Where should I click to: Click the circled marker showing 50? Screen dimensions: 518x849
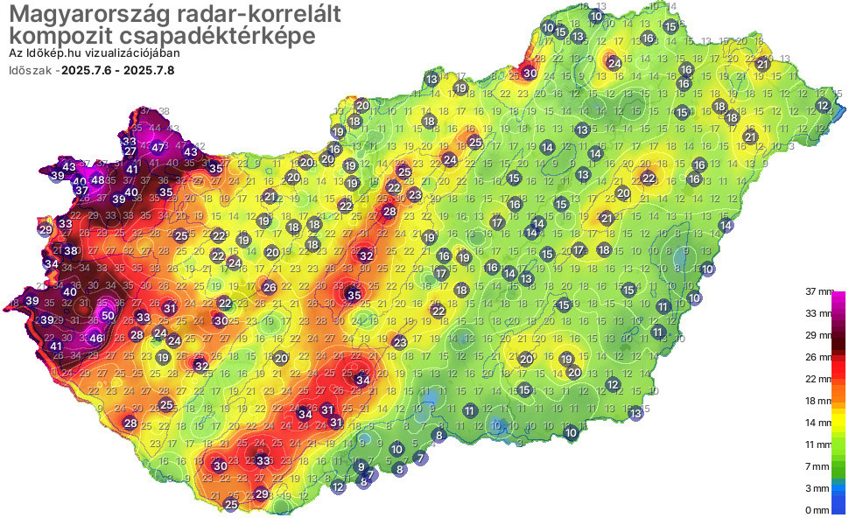point(108,315)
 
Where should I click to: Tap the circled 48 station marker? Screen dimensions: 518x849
point(98,180)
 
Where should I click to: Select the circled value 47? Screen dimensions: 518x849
point(158,148)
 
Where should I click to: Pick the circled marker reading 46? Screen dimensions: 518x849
point(96,338)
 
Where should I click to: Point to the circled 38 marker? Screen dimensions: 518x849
point(70,251)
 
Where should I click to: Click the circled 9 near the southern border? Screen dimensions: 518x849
point(361,466)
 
